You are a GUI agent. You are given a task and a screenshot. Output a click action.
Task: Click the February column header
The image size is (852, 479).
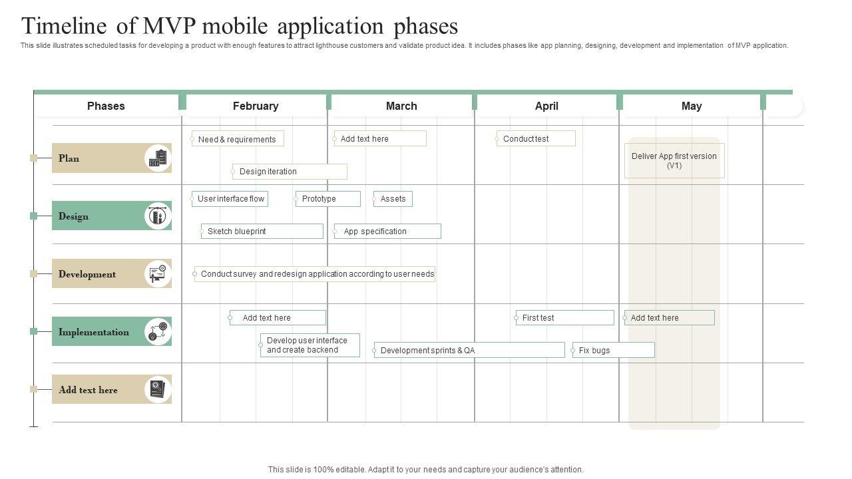(256, 106)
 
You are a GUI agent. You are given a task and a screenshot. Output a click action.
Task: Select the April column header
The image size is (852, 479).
(546, 106)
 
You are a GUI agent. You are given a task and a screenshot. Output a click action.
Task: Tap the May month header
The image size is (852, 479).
(692, 106)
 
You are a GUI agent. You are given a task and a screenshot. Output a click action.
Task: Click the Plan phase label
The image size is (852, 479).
(69, 158)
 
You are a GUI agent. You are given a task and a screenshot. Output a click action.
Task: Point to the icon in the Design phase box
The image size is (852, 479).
(158, 216)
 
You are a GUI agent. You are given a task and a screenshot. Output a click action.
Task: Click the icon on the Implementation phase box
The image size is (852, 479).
(158, 331)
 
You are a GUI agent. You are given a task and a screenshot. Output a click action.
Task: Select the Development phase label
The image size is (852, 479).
(87, 274)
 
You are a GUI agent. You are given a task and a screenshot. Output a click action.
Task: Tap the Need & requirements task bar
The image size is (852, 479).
(238, 139)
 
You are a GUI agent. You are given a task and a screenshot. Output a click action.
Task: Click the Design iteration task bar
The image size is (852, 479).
(290, 172)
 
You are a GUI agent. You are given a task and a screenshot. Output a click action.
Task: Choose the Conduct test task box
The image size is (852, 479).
(536, 139)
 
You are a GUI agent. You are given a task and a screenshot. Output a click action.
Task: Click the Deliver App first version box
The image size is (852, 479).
(674, 161)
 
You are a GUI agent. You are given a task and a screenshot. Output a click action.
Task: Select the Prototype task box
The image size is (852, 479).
(327, 199)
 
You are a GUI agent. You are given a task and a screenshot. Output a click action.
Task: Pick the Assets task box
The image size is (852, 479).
(393, 199)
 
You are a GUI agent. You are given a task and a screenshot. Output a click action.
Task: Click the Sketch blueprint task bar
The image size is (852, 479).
(262, 232)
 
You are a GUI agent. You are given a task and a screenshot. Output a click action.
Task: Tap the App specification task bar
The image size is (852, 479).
(387, 232)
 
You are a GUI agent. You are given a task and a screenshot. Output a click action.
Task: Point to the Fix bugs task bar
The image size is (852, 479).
(613, 350)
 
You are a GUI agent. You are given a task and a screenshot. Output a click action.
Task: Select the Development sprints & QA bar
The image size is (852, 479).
(469, 350)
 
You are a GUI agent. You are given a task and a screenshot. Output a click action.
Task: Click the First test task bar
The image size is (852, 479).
(564, 318)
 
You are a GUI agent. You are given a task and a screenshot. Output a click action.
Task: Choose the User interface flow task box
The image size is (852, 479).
(230, 199)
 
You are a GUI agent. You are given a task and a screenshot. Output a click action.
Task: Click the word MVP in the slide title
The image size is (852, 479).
(169, 26)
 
